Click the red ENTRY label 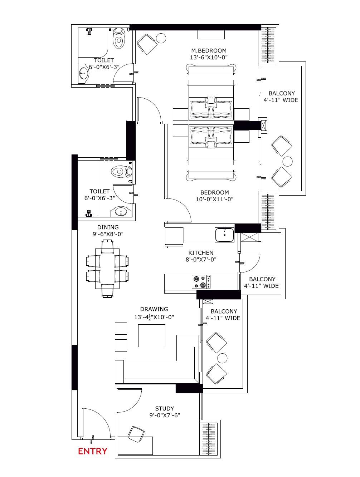92,451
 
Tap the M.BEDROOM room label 209,51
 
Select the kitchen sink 225,235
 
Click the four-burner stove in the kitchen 201,282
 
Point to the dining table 107,269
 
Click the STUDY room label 164,408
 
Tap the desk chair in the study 136,434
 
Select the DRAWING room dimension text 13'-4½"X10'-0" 154,317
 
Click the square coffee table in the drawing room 151,336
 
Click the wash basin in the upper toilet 83,73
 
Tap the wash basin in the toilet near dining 121,212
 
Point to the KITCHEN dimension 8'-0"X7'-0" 201,260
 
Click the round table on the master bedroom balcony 288,162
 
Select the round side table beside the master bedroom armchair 161,38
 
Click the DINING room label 108,227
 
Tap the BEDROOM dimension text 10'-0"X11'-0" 214,199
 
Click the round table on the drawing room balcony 222,358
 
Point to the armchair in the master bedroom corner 147,44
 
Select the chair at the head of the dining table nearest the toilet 107,246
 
